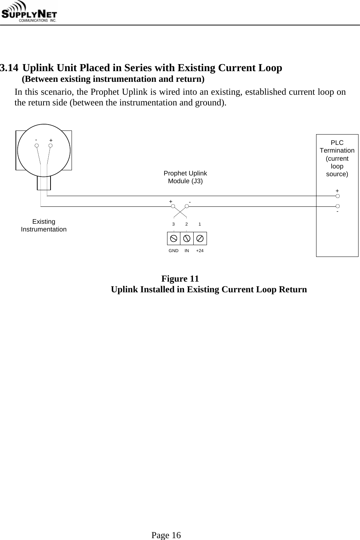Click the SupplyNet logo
(31, 13)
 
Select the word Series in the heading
(138, 68)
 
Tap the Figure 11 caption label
(180, 278)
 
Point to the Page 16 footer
(166, 535)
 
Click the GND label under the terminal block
(173, 251)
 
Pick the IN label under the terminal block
(187, 251)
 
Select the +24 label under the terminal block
(200, 251)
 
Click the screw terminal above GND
(174, 238)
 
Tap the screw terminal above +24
(200, 238)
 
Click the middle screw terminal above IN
(187, 238)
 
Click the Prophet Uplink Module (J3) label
(185, 177)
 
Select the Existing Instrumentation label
(44, 225)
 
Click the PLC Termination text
(337, 147)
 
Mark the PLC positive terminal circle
(337, 196)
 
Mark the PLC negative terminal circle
(337, 206)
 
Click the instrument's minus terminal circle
(37, 146)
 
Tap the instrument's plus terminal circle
(51, 146)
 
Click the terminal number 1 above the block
(200, 224)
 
